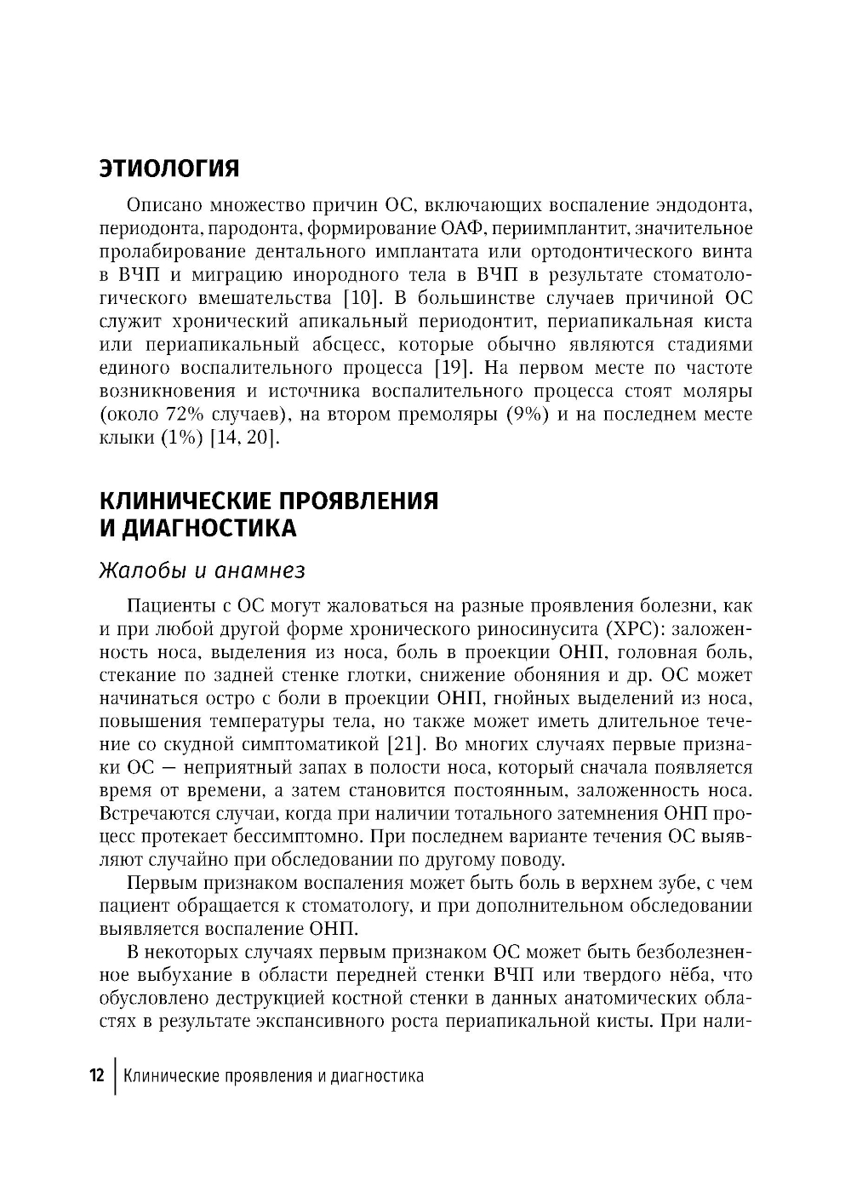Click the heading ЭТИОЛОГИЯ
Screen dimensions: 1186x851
169,168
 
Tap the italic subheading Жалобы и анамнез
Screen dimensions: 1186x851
203,570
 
